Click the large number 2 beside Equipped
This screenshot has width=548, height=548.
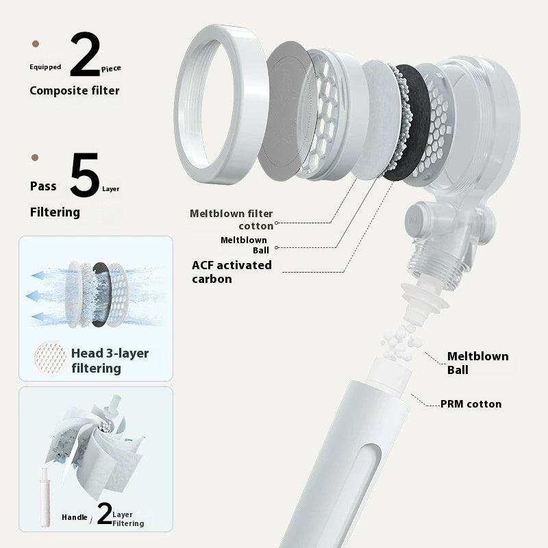[85, 54]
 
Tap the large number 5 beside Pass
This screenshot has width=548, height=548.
[84, 175]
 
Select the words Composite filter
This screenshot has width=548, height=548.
[75, 90]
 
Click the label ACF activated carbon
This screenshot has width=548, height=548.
[232, 272]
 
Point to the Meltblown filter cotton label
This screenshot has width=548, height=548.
[232, 219]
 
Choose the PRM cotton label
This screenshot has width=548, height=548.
[471, 404]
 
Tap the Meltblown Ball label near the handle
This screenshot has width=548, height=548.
[477, 363]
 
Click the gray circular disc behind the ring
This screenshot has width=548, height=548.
[286, 111]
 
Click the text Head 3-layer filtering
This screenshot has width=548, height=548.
[110, 361]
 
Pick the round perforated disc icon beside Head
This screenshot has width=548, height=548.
[51, 358]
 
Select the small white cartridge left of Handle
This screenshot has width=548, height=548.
[45, 498]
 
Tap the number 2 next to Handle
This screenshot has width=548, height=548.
[105, 513]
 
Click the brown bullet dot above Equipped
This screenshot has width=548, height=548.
[36, 44]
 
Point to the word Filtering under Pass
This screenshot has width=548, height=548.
[55, 212]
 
